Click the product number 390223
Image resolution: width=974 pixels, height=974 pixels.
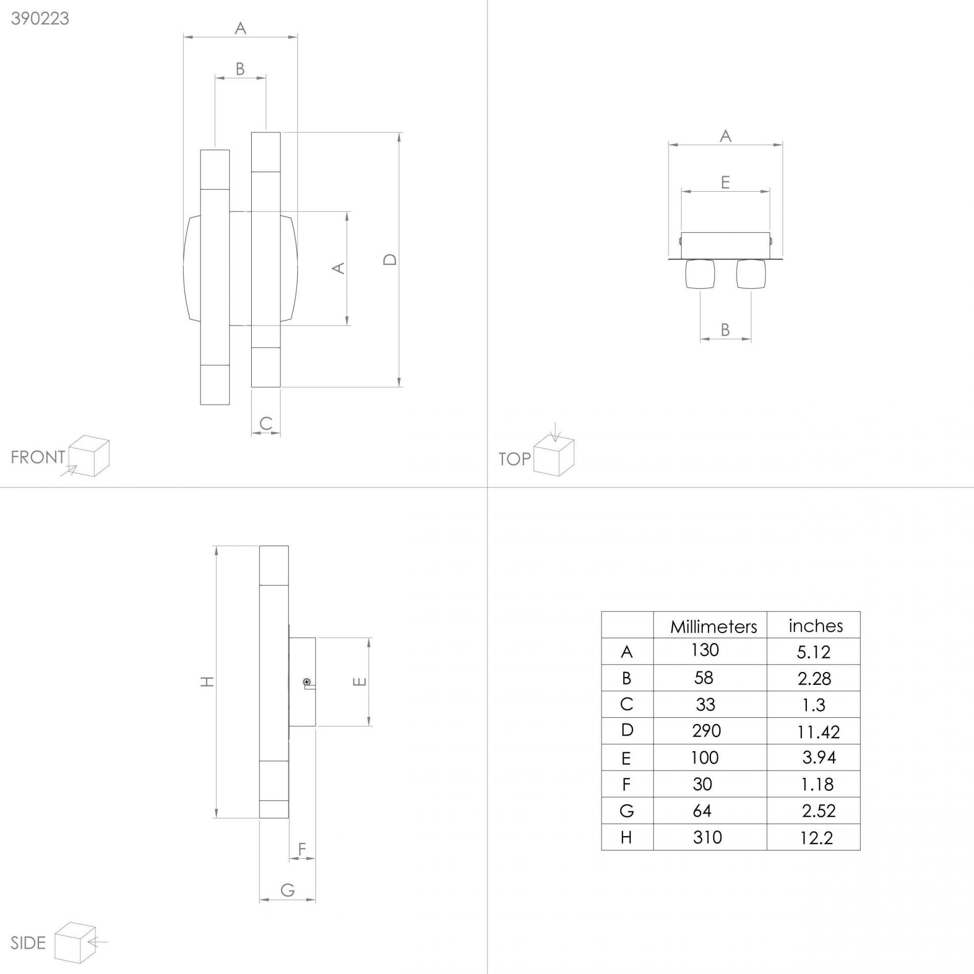[40, 18]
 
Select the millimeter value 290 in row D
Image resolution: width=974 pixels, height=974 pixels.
[706, 730]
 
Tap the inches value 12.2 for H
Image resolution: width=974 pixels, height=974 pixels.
[816, 838]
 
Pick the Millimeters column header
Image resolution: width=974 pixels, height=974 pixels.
[714, 626]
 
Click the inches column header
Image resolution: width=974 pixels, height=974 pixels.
[816, 625]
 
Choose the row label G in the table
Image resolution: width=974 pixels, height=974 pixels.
[626, 811]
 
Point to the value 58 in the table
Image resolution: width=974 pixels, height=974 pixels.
[703, 678]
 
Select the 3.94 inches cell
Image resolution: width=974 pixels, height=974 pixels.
[819, 758]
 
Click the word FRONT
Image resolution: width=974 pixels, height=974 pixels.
[38, 457]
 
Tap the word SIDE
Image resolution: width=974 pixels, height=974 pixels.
[28, 943]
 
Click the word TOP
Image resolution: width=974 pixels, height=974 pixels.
[515, 459]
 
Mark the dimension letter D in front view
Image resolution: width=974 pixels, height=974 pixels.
[390, 259]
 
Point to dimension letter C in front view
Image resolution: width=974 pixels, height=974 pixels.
[266, 423]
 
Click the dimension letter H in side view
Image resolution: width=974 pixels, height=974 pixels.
[207, 681]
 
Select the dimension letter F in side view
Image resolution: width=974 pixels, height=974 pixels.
[302, 849]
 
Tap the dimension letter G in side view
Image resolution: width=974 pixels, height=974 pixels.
[288, 890]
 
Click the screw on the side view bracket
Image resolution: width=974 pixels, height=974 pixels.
[307, 682]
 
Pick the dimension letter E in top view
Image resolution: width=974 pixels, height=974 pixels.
[725, 182]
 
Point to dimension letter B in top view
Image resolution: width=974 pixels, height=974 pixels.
[725, 330]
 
